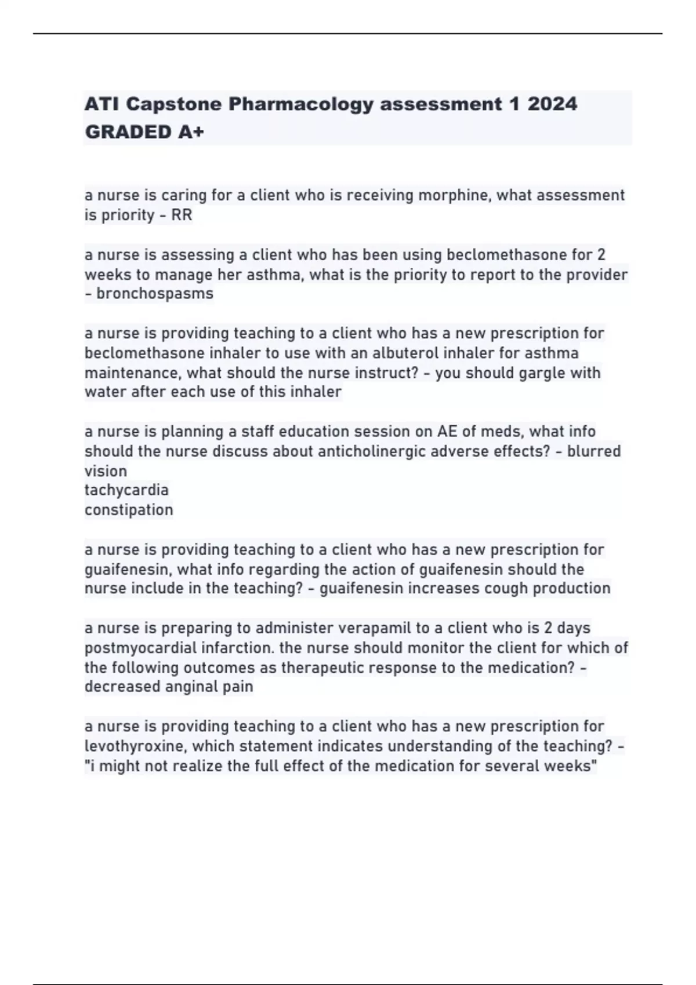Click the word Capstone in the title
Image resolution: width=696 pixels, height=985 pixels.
tap(174, 104)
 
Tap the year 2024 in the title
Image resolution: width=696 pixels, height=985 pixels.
tap(552, 104)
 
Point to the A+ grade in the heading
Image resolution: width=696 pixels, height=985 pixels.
tap(191, 133)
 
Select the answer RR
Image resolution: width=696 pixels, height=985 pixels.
tap(182, 215)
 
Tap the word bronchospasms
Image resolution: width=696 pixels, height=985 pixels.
tap(155, 294)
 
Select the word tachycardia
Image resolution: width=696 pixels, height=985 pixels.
tap(126, 490)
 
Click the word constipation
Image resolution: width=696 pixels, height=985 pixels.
tap(129, 510)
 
